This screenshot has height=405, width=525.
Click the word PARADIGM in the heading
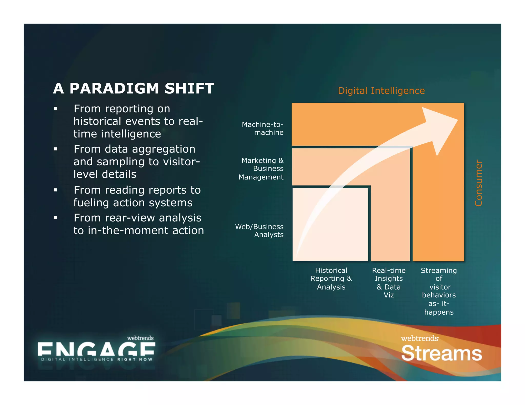[114, 89]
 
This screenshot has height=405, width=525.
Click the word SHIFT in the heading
[189, 89]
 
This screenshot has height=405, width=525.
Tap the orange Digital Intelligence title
[381, 91]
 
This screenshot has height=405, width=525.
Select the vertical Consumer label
[478, 183]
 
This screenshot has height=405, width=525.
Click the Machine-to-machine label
[263, 129]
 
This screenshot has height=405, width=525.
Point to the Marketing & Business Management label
[261, 169]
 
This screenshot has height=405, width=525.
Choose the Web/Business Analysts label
[260, 231]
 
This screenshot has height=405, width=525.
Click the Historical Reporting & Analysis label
[331, 279]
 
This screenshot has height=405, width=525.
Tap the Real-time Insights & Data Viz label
[389, 283]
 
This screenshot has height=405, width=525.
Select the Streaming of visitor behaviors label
[439, 291]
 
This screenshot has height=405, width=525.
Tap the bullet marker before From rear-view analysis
[55, 218]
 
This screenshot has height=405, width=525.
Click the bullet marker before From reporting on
[55, 109]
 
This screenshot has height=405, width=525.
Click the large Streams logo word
[441, 354]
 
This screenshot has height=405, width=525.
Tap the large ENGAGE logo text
[96, 349]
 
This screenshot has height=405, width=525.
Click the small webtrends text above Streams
[420, 338]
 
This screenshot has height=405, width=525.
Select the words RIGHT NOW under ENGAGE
[135, 359]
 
